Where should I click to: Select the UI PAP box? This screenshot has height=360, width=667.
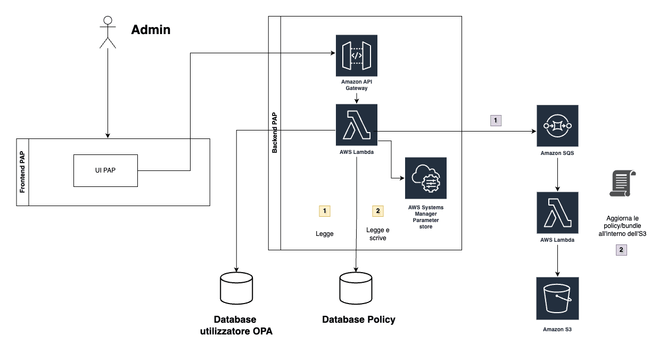(x=105, y=170)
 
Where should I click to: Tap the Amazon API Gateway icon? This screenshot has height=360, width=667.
(x=356, y=56)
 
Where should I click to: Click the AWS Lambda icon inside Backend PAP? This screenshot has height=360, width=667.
(x=356, y=125)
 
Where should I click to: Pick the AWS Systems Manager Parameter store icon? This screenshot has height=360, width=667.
(x=425, y=178)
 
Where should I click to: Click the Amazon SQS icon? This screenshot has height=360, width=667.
(x=557, y=126)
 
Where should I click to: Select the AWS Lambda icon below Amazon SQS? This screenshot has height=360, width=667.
(x=557, y=213)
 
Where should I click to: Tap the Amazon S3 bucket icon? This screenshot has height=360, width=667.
(x=557, y=298)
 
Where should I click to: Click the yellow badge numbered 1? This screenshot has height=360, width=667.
(x=324, y=211)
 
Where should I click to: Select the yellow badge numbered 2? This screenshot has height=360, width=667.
(x=377, y=211)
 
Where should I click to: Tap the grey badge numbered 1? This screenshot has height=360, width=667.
(x=496, y=121)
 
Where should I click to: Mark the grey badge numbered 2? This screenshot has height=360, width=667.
(x=621, y=249)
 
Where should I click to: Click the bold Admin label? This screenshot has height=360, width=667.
(x=151, y=30)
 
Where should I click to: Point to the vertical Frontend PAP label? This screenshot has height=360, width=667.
(x=23, y=172)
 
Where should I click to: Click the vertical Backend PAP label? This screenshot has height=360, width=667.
(x=275, y=133)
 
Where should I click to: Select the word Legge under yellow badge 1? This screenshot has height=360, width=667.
(x=324, y=234)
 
